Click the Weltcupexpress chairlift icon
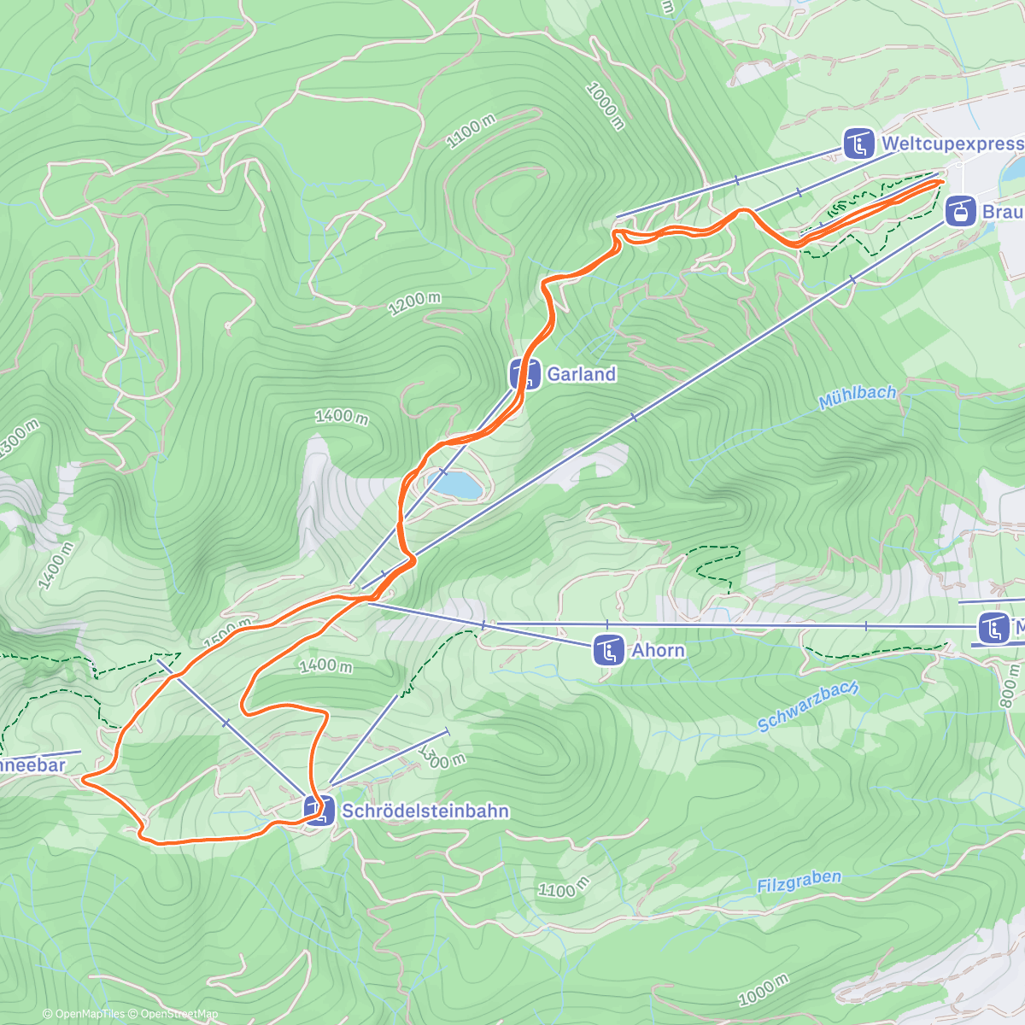coord(858,143)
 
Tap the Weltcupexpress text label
coord(952,143)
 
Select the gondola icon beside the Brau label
coord(960,210)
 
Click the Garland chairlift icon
coord(524,374)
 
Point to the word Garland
coord(581,374)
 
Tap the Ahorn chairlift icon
coord(609,651)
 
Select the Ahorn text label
coord(658,651)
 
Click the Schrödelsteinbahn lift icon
coord(319,811)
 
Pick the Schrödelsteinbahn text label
coord(425,811)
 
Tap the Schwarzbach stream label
coord(807,706)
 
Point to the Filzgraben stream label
coord(799,881)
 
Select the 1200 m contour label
coord(414,303)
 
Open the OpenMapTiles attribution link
coord(83,1014)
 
